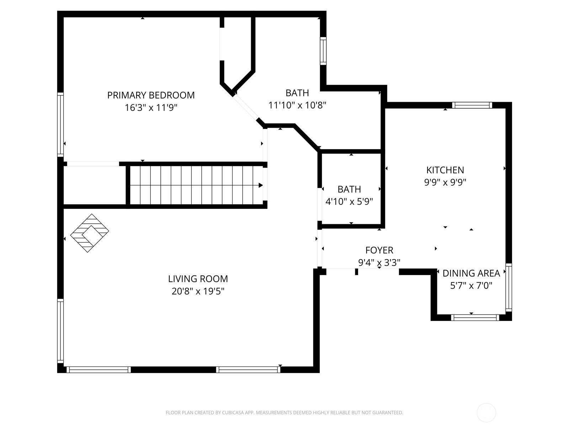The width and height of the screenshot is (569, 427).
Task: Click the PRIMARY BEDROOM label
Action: point(151,95)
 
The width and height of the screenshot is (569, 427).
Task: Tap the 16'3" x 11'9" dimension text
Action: point(151,108)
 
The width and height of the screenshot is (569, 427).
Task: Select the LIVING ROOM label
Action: point(198,279)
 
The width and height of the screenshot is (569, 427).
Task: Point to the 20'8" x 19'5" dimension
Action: point(198,291)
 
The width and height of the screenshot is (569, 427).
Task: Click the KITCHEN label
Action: point(445,170)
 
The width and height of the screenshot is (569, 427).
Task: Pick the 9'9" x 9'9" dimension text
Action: point(445,183)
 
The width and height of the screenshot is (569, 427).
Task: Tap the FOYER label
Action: point(379,250)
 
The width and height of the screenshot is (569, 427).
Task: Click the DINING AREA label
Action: point(471,273)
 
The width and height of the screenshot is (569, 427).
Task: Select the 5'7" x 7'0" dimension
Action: point(471,286)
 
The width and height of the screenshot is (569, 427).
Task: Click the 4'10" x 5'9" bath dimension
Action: point(349,202)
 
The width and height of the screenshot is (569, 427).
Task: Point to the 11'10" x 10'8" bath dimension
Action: point(297,105)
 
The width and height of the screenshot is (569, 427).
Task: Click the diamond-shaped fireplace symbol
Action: point(90,233)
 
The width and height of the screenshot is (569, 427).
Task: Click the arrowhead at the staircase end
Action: point(261,185)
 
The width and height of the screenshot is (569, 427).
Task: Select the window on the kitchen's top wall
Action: point(472,105)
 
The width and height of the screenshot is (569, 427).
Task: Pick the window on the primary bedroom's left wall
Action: point(60,125)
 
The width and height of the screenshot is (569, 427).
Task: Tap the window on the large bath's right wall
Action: point(323,51)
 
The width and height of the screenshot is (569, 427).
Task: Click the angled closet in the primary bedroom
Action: point(238,57)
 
